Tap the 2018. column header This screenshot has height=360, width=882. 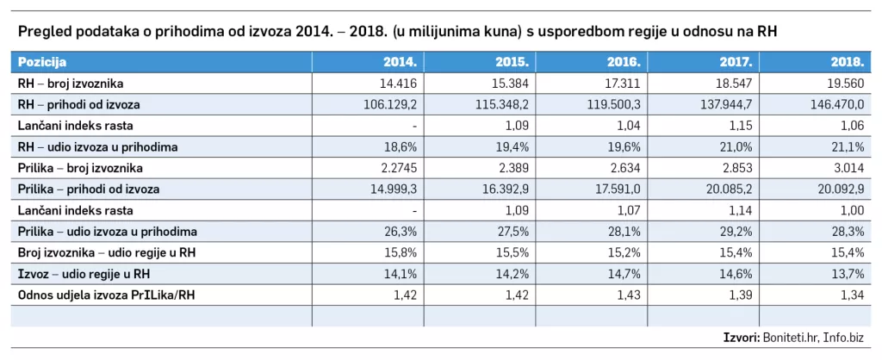(848, 63)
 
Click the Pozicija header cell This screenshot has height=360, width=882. (43, 63)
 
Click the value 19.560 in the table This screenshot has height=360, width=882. (847, 84)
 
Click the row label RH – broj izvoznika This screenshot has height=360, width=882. (71, 84)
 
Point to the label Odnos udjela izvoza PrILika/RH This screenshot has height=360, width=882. (104, 295)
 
